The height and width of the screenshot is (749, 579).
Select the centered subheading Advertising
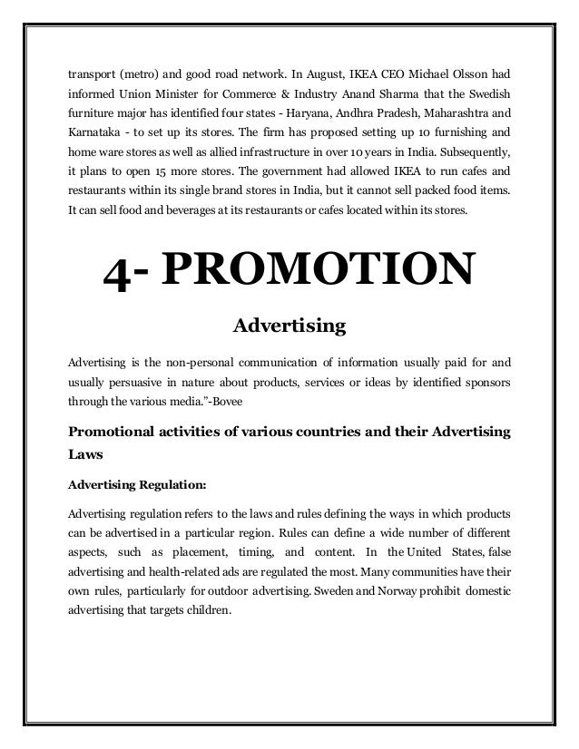[x=289, y=324]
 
